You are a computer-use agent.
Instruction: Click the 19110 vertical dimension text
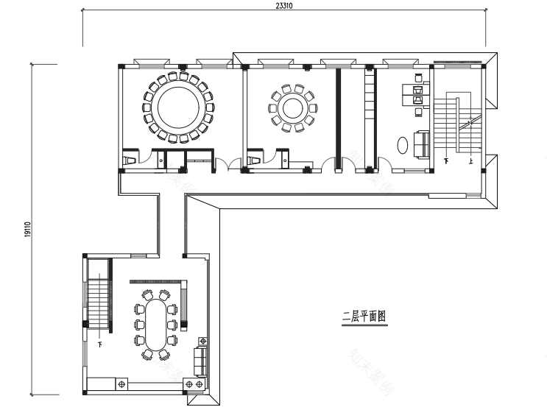click(x=27, y=229)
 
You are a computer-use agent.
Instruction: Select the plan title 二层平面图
click(x=364, y=317)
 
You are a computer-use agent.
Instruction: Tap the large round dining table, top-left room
click(x=179, y=107)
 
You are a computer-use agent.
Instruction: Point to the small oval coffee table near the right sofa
click(x=404, y=144)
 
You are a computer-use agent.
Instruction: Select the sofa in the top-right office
click(x=423, y=144)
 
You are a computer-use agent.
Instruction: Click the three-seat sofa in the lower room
click(x=200, y=362)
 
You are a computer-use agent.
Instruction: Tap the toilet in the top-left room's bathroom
click(x=130, y=158)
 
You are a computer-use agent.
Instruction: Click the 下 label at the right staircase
click(x=446, y=158)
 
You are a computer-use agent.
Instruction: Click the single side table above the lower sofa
click(x=202, y=342)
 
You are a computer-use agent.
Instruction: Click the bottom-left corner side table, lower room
click(x=121, y=384)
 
